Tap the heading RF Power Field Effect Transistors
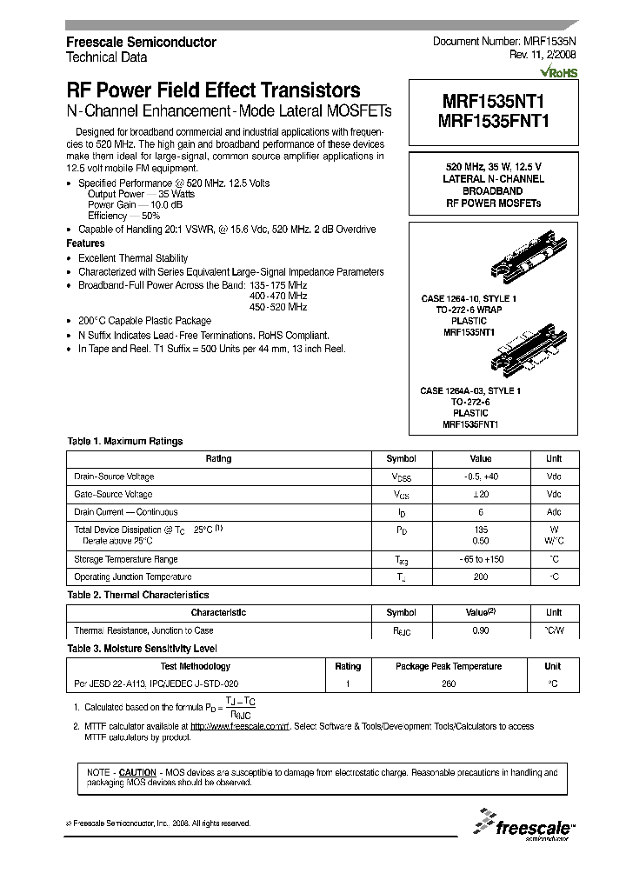213,90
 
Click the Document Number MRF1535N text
503,42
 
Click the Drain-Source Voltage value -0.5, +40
480,477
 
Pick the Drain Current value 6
480,512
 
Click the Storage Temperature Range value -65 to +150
480,559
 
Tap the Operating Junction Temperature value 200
480,577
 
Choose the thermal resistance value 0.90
480,630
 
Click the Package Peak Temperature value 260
448,683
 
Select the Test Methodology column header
195,666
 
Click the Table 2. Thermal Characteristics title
137,595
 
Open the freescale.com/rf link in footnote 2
239,726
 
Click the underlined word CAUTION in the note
137,772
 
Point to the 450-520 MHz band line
277,307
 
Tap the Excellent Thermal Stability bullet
132,258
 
